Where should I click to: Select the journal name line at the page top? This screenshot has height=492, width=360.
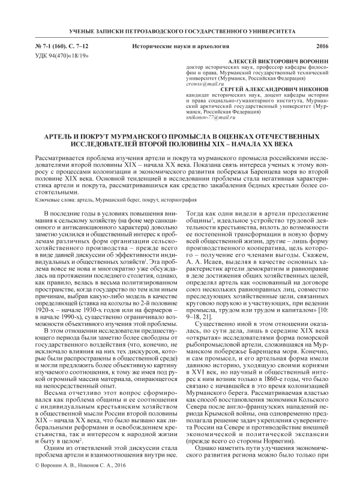[x=179, y=29]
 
